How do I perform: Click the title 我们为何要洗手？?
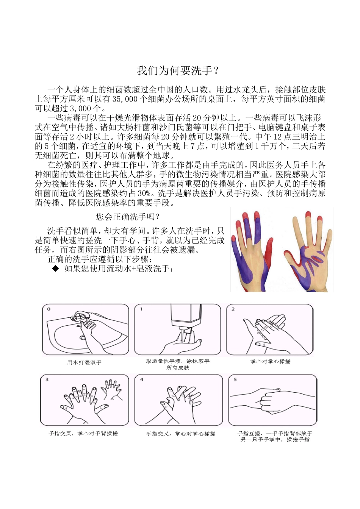click(x=178, y=71)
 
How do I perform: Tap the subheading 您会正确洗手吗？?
click(x=128, y=217)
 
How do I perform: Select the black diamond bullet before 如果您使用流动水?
click(x=56, y=269)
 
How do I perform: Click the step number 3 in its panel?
click(x=47, y=379)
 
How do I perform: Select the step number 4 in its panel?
click(x=142, y=379)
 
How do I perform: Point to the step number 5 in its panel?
click(x=235, y=379)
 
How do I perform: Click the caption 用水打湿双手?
click(x=84, y=362)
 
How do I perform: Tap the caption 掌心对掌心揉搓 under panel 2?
click(x=270, y=362)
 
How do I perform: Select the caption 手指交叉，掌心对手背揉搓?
click(x=83, y=434)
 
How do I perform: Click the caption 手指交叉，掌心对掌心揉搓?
click(x=181, y=434)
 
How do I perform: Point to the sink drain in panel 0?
click(x=83, y=337)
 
